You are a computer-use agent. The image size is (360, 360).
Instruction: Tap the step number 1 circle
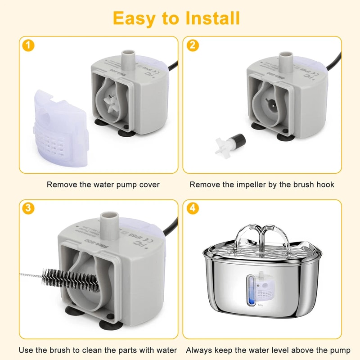(28, 45)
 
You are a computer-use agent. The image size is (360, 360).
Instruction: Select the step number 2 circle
(193, 45)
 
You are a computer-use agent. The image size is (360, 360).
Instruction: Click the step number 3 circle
(28, 208)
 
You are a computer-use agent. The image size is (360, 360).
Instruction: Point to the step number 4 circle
(193, 208)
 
